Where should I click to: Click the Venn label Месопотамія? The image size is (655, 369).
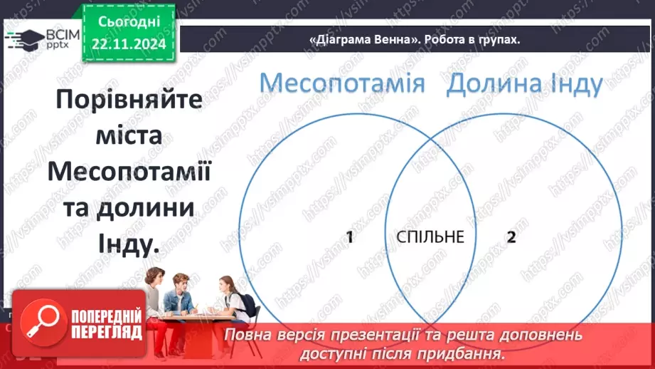pos(341,84)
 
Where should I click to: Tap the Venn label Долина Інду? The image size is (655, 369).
pos(525,84)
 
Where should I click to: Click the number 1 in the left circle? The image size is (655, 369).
pos(349,237)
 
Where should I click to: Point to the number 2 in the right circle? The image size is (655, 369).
pos(511,237)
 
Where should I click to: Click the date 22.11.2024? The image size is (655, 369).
pos(128,44)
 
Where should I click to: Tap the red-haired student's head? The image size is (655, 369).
pos(181,281)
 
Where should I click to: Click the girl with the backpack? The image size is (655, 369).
pos(232,299)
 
